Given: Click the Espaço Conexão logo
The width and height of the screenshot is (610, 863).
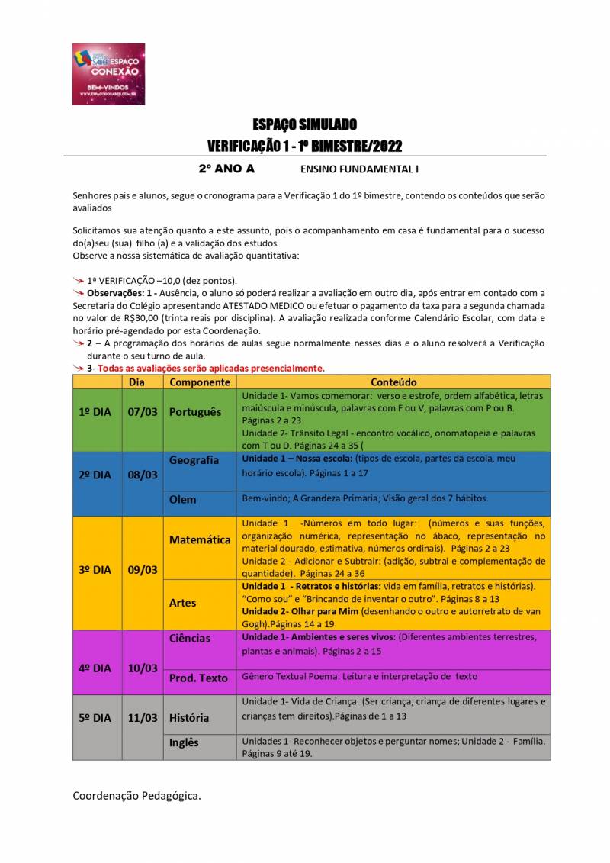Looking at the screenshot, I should (x=108, y=74).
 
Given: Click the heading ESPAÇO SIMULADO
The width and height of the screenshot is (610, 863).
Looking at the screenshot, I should (x=305, y=124).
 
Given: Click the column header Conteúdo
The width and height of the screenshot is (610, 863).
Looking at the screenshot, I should (x=393, y=382).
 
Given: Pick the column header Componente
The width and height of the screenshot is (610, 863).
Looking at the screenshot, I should (x=201, y=382).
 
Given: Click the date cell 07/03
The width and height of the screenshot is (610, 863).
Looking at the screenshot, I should (x=143, y=412).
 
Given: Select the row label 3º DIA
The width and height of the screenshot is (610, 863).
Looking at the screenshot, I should (x=95, y=570).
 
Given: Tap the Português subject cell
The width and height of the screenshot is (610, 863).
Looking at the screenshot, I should (x=195, y=412).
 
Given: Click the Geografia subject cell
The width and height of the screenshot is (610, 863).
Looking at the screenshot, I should (x=194, y=460).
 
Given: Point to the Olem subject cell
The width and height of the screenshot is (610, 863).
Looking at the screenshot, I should (x=183, y=500).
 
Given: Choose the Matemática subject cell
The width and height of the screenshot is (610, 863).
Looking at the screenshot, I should (x=200, y=539).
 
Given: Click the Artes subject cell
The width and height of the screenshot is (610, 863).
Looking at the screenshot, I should (x=183, y=603).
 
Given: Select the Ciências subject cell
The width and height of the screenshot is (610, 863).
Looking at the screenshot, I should (x=190, y=638).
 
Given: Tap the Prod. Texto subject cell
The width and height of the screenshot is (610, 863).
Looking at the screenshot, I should (x=198, y=678).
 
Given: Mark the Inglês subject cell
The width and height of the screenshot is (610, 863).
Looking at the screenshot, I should (x=184, y=742).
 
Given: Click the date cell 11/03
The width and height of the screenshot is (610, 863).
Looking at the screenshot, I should (x=143, y=718).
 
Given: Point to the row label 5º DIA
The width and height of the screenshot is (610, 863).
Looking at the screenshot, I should (x=95, y=718).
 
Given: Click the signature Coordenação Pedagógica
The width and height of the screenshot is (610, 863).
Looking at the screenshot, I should (x=137, y=797).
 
